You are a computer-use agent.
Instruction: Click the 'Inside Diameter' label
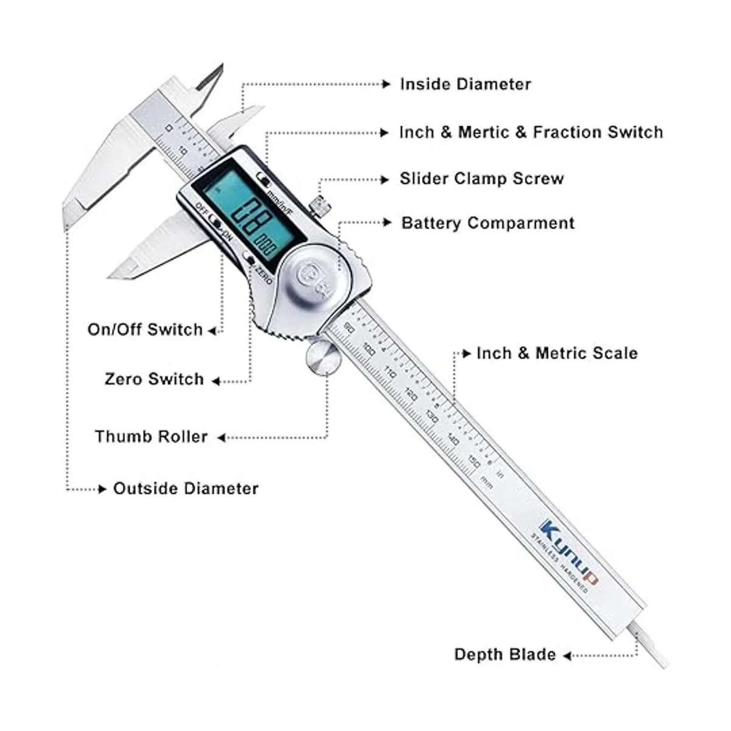pos(465,84)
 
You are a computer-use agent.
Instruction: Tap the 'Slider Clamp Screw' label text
pos(481,178)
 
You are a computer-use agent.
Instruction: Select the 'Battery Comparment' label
pos(487,223)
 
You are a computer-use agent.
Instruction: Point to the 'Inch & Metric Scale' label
pos(557,353)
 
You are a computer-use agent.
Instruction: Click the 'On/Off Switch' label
pos(145,330)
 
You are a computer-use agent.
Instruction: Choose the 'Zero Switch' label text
pos(154,379)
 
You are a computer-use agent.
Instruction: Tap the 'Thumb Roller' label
pos(151,437)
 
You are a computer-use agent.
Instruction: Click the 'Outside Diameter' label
pos(186,489)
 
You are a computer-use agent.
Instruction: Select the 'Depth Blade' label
pos(505,655)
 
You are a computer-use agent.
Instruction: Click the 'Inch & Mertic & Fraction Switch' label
pos(531,132)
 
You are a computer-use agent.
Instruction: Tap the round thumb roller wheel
pos(323,359)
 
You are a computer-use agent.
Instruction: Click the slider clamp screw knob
pos(318,206)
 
